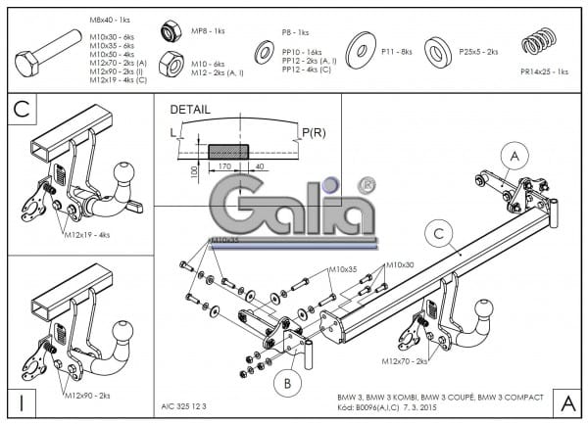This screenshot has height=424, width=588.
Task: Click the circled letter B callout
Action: [288, 383]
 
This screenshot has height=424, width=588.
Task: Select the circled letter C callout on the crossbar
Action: [441, 233]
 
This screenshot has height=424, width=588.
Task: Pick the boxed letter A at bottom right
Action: [565, 401]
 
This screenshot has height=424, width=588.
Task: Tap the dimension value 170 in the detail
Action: [224, 167]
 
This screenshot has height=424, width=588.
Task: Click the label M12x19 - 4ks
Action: [87, 235]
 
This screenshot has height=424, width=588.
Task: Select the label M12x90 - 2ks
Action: [87, 395]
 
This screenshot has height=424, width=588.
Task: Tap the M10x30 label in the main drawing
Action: [399, 264]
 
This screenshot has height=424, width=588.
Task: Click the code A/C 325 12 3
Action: [185, 401]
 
